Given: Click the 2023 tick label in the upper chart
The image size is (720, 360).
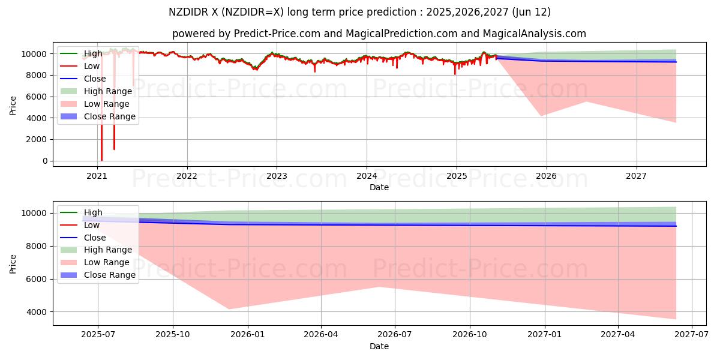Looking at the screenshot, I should pyautogui.click(x=277, y=176).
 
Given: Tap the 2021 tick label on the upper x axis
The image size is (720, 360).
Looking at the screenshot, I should pyautogui.click(x=97, y=176).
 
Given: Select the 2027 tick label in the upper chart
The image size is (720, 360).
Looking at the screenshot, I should pyautogui.click(x=636, y=176).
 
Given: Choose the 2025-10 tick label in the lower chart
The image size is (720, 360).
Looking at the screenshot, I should pyautogui.click(x=173, y=336).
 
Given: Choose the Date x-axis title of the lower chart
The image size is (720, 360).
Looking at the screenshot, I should pyautogui.click(x=379, y=346).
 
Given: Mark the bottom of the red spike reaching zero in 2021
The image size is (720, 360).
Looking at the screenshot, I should pyautogui.click(x=101, y=160).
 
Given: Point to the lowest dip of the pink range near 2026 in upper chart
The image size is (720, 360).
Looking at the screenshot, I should pyautogui.click(x=541, y=116).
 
